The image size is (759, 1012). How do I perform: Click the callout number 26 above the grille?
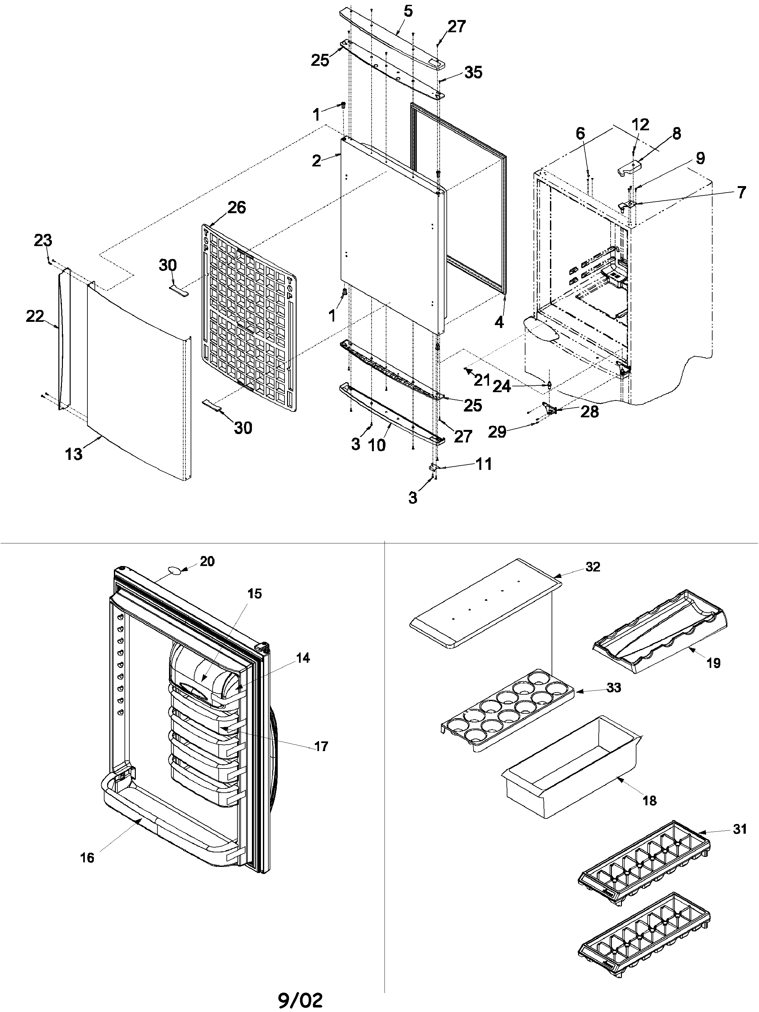pos(236,207)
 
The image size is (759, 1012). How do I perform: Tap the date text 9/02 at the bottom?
pos(301,1000)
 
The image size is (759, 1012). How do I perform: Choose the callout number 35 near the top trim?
pos(473,72)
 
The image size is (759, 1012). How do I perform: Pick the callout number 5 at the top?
pos(408,11)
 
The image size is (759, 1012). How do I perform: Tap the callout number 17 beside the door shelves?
pos(321,746)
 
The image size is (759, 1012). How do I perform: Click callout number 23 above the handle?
pos(43,240)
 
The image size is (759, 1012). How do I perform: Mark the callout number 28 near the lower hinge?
pos(589,412)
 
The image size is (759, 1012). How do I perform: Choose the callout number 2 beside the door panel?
pos(316,161)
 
